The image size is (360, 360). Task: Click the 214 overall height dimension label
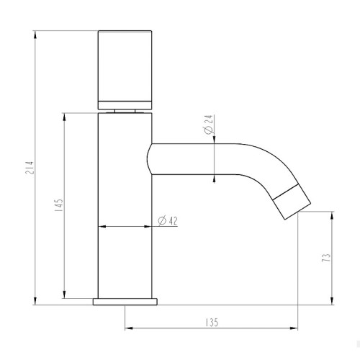tap(30, 171)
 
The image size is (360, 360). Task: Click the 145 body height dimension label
tap(59, 205)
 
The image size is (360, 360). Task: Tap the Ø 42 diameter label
tap(168, 221)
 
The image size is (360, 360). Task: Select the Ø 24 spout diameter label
tap(208, 124)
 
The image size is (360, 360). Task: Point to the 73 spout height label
tap(326, 258)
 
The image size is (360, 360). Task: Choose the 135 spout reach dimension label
tap(212, 323)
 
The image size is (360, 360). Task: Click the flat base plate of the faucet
tap(125, 302)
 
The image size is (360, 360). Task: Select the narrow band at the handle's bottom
tap(125, 105)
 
